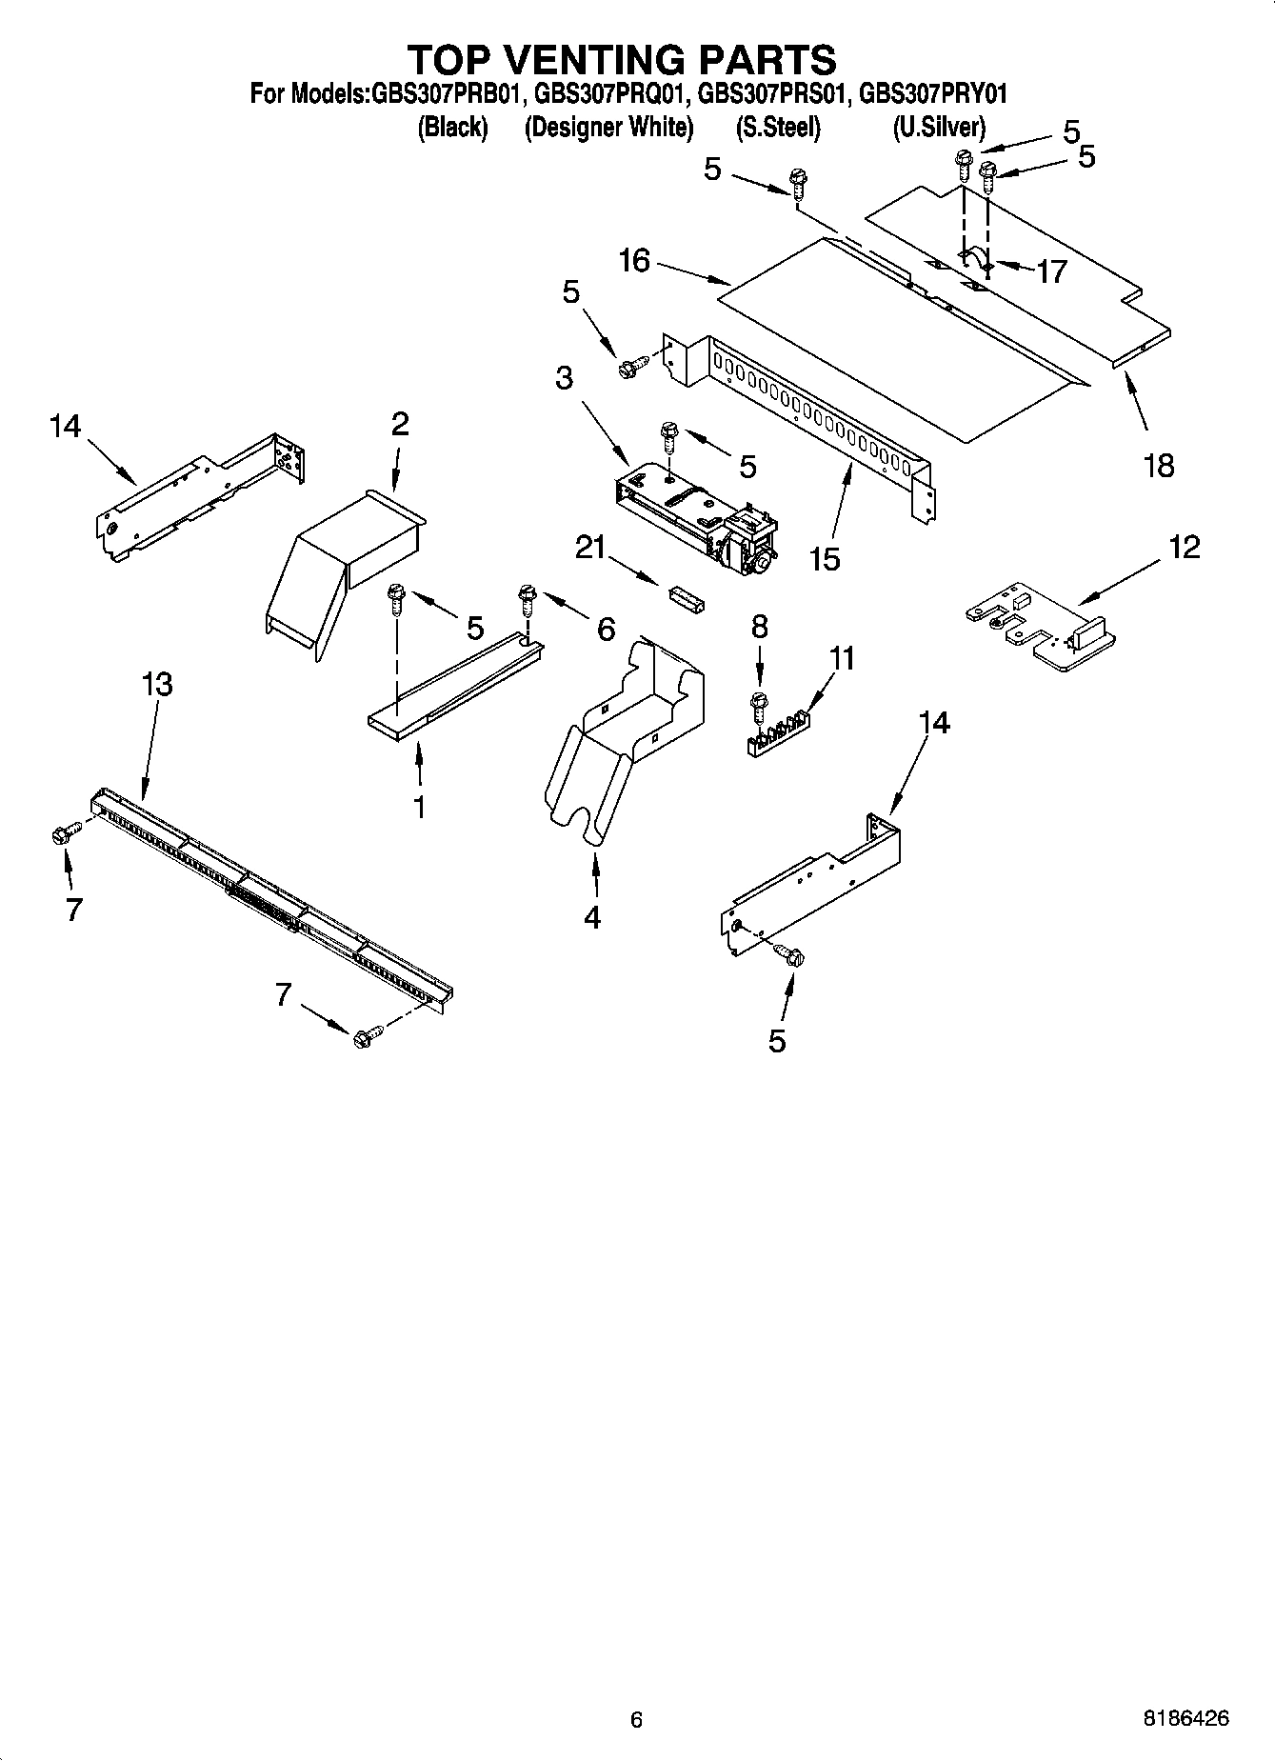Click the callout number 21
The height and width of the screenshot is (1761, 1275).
590,547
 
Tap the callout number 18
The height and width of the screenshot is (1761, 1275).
1159,467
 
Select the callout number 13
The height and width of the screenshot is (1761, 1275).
157,684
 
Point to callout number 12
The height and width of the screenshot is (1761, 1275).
1185,547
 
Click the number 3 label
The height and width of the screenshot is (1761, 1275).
564,377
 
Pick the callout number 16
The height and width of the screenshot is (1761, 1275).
634,260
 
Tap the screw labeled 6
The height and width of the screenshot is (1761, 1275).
526,601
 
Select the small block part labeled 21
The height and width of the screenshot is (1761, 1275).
684,600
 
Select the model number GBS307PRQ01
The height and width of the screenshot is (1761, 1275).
610,94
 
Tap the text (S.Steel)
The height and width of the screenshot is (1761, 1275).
778,127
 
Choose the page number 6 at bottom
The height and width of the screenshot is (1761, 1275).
636,1719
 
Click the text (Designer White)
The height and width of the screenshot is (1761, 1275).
608,127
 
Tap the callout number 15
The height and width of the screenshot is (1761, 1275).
825,558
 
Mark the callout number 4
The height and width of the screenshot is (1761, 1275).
592,917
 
